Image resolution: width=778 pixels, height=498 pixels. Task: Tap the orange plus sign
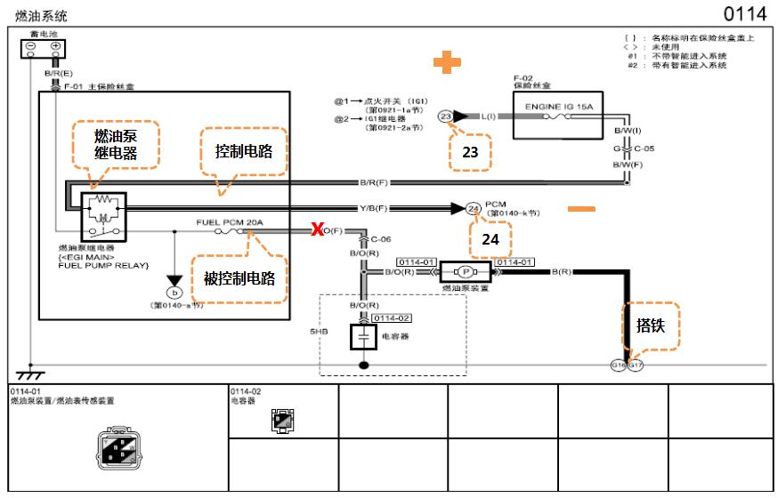pyautogui.click(x=448, y=63)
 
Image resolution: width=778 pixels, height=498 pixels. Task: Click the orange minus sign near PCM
pyautogui.click(x=581, y=209)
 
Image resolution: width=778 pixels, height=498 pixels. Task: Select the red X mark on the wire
pyautogui.click(x=316, y=230)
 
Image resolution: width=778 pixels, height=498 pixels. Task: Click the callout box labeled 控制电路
pyautogui.click(x=243, y=152)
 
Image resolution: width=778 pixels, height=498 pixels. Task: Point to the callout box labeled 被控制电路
pyautogui.click(x=239, y=277)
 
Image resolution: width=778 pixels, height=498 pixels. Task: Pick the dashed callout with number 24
pyautogui.click(x=491, y=237)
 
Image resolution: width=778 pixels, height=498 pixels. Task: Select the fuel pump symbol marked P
pyautogui.click(x=467, y=271)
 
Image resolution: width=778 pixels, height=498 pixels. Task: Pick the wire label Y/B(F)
pyautogui.click(x=373, y=208)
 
